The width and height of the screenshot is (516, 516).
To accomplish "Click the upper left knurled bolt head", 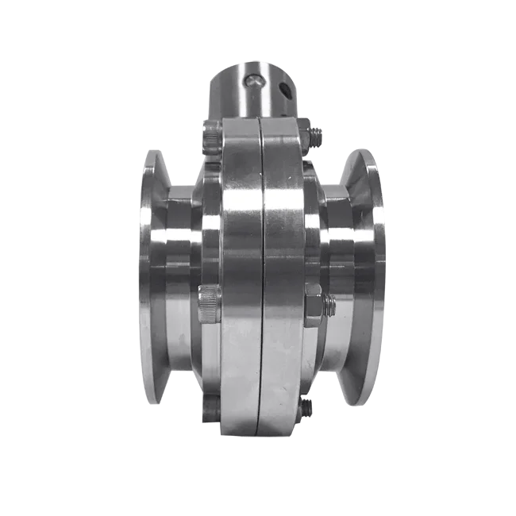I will (x=210, y=138).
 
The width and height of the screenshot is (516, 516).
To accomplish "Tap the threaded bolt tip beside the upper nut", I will (x=319, y=137).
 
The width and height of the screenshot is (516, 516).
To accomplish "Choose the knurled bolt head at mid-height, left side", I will (x=208, y=302).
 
